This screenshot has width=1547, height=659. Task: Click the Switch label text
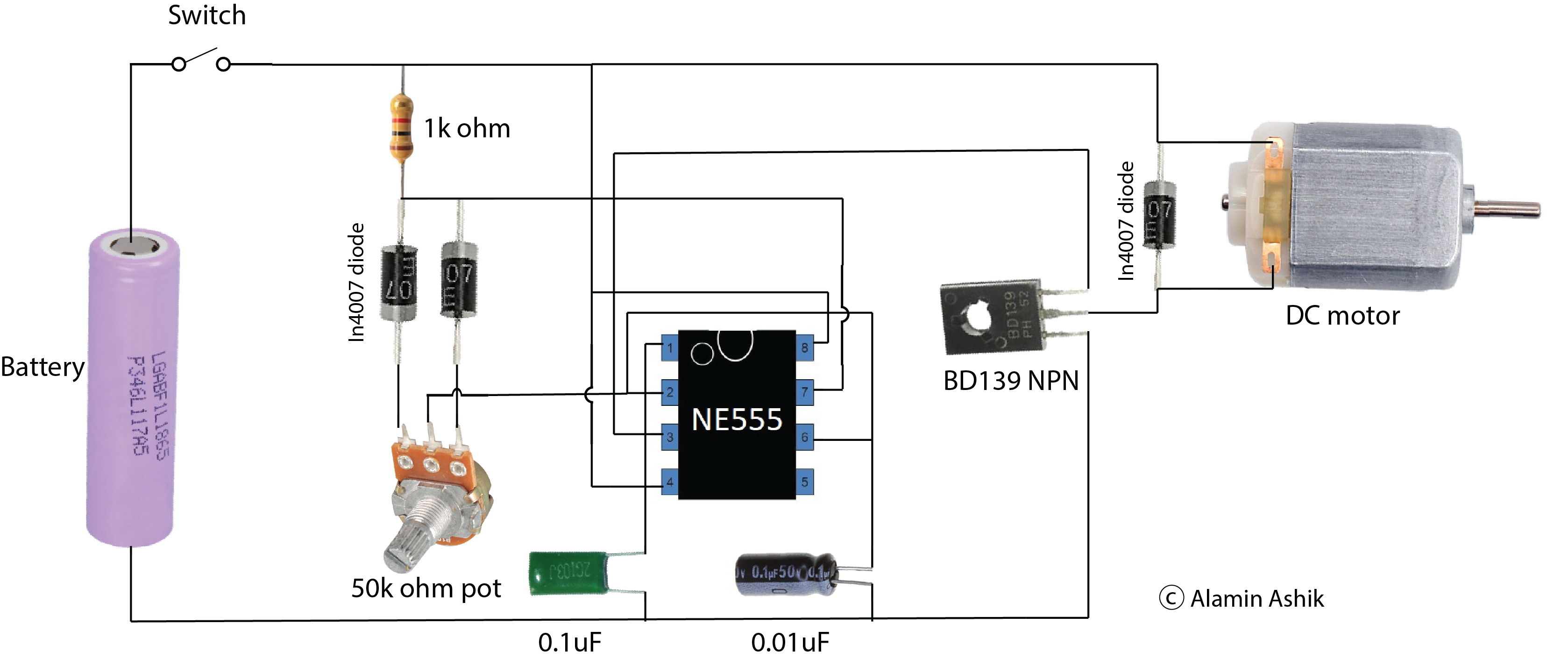(206, 15)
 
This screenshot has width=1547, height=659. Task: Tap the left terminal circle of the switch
(178, 64)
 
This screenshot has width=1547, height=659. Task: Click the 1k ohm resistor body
(401, 128)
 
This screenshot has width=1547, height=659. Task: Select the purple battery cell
(132, 388)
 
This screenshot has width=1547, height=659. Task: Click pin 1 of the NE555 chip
(670, 348)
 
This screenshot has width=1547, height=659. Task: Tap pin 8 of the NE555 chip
(805, 348)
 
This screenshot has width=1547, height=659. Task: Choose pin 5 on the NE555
(805, 482)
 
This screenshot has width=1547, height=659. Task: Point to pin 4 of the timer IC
(670, 482)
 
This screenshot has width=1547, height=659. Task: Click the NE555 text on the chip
(737, 419)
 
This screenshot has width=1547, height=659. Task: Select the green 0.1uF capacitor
(568, 573)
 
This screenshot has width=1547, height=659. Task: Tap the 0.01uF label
(790, 643)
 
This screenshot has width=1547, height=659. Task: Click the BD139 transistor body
(991, 316)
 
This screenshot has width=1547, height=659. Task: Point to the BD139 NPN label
(1011, 381)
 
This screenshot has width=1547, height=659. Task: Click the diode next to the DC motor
(1158, 214)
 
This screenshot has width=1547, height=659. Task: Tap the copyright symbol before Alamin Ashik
(1171, 598)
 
